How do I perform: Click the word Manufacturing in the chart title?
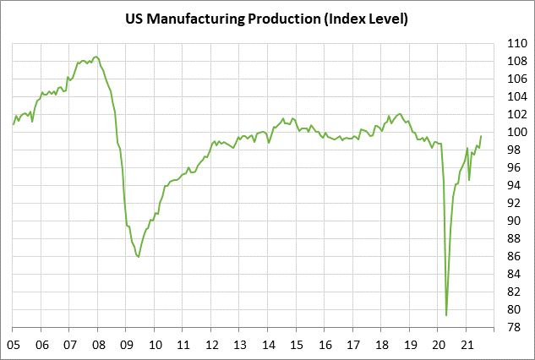[x=193, y=19]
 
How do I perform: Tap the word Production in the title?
[x=281, y=19]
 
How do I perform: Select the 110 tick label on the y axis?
[x=518, y=43]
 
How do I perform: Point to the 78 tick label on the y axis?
[x=515, y=327]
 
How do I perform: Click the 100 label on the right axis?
[x=518, y=132]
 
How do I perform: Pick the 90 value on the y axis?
[x=515, y=221]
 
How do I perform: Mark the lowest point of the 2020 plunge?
[x=446, y=315]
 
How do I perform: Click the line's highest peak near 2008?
[x=96, y=57]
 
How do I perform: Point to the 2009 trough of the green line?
[x=139, y=257]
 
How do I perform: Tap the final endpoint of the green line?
[x=481, y=136]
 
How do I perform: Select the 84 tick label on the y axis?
[x=515, y=274]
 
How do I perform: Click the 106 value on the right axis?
[x=518, y=79]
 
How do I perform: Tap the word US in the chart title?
[x=134, y=19]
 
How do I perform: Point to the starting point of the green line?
[x=14, y=124]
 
